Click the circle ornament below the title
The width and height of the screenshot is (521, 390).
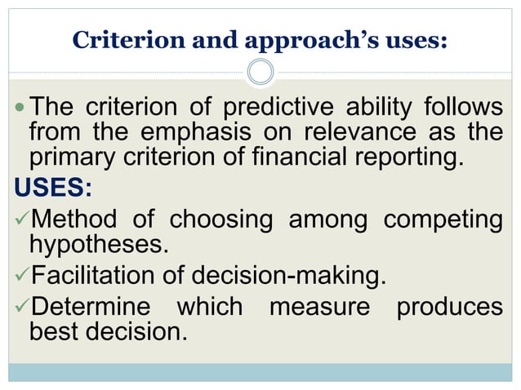[260, 72]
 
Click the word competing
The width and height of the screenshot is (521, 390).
[443, 221]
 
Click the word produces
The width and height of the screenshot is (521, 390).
[448, 308]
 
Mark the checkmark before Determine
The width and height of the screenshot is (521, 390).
[20, 308]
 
